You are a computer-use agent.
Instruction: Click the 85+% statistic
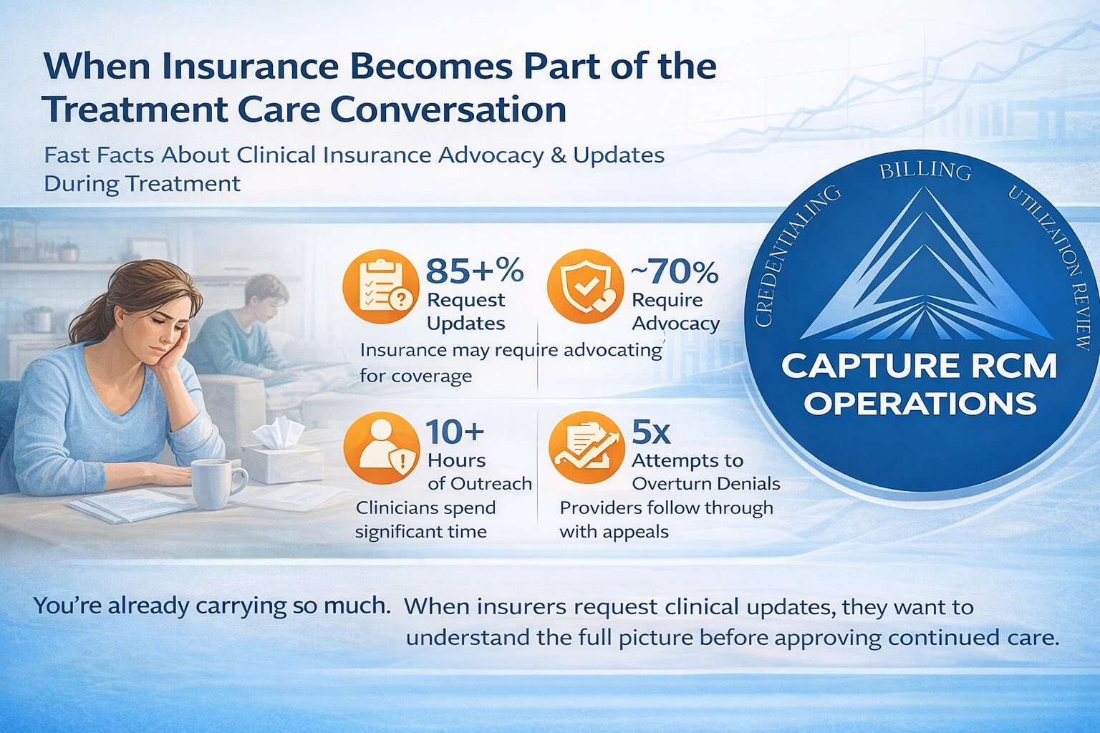pos(474,271)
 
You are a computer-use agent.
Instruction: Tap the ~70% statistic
pos(675,272)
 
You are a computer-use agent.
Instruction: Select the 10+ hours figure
pos(455,432)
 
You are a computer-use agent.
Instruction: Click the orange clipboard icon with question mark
pos(381,288)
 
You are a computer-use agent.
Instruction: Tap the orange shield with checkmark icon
pos(585,288)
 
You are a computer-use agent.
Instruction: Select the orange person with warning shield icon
pos(382,448)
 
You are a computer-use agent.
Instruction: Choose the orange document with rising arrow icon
pos(586,448)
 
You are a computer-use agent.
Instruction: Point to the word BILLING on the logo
pos(925,171)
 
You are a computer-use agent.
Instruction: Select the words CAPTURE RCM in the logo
pos(919,366)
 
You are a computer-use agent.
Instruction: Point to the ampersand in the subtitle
pos(559,155)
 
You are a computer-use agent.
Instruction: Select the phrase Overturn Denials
pos(706,484)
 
